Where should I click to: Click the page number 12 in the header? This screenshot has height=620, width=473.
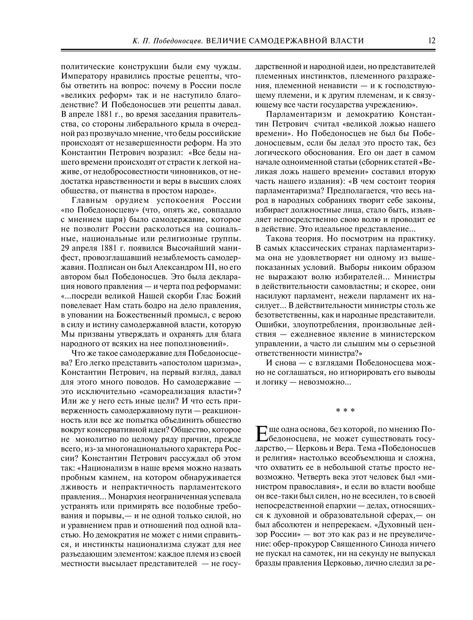pos(431,41)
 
